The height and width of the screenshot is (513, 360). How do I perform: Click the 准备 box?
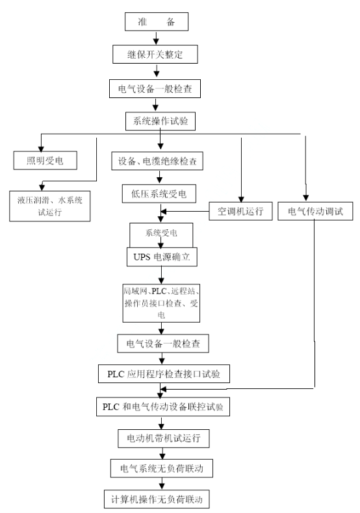pos(157,21)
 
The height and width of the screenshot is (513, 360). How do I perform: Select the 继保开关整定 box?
pos(155,55)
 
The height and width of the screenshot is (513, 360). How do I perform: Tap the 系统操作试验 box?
pos(161,121)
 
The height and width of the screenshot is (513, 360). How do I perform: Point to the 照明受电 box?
pos(45,160)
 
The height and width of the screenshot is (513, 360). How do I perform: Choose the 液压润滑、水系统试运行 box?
pos(50,206)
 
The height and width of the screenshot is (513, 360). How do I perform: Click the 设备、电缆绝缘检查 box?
pos(157,160)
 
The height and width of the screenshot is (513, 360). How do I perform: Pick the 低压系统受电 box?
pos(159,194)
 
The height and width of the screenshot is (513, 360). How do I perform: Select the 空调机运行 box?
pos(240,211)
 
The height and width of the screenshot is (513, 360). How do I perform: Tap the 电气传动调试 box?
pos(315,211)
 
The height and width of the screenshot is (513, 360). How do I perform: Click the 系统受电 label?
pos(161,233)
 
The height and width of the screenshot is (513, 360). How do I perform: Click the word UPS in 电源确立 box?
pos(142,257)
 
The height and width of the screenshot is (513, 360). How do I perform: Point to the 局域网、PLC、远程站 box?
pos(161,303)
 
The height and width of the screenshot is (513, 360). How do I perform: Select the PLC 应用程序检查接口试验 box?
pos(164,373)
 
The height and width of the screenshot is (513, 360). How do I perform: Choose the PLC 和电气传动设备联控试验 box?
pos(163,407)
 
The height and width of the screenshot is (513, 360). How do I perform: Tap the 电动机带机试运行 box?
pos(164,438)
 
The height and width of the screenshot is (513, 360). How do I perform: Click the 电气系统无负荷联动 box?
pos(162,468)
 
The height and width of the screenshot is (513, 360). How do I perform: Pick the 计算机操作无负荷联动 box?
pos(157,499)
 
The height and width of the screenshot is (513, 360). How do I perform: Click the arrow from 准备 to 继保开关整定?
pos(156,38)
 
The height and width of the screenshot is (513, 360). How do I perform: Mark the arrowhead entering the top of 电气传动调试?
pos(305,197)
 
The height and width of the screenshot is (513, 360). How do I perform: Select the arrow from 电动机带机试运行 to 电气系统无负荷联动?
pos(162,453)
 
